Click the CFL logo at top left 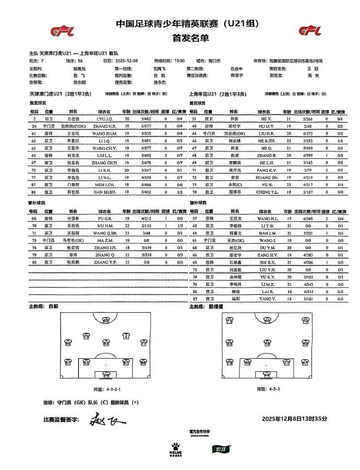point(62,31)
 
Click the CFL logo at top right point(310,30)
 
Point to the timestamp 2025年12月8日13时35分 point(294,419)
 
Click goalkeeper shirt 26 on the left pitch point(106,375)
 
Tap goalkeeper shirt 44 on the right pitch point(267,375)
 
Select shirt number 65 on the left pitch point(106,320)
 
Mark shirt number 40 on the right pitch point(268,320)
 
